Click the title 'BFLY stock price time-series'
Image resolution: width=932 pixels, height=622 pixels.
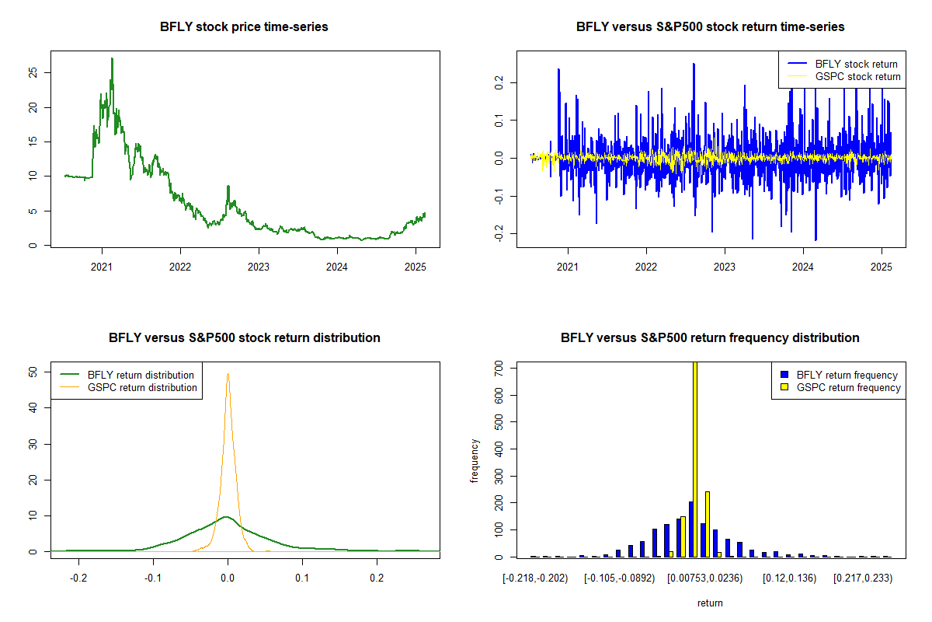click(244, 27)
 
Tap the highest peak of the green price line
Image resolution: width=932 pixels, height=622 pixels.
click(112, 58)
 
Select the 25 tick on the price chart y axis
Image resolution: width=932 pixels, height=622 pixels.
click(32, 72)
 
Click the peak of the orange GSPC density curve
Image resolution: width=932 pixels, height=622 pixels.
click(228, 374)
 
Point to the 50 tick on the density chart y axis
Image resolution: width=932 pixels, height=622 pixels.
click(32, 372)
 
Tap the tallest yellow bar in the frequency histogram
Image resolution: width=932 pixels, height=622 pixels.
click(694, 459)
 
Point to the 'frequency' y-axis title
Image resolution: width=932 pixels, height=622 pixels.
click(475, 461)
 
